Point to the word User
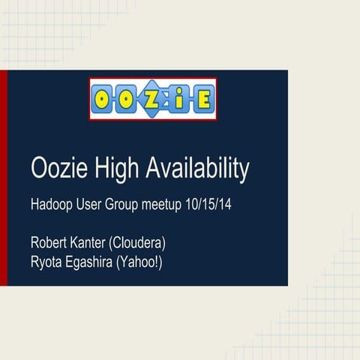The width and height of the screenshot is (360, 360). pyautogui.click(x=96, y=205)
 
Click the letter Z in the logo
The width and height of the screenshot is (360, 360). pyautogui.click(x=154, y=99)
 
